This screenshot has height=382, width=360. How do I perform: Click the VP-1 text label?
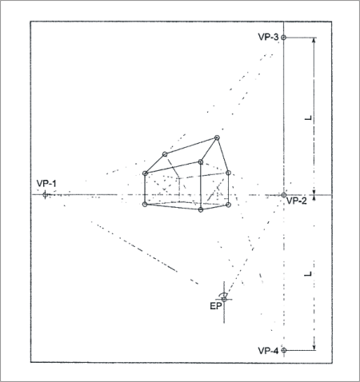click(46, 184)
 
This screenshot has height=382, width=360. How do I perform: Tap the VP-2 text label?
click(297, 201)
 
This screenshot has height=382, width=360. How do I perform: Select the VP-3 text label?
click(268, 37)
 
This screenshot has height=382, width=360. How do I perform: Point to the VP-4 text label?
click(268, 351)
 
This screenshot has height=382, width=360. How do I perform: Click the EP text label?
click(216, 306)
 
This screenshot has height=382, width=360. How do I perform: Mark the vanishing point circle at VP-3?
click(284, 38)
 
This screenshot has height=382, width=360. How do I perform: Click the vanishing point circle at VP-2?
click(284, 195)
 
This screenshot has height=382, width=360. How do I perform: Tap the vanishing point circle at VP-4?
click(284, 350)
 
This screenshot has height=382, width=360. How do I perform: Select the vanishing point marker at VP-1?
click(45, 194)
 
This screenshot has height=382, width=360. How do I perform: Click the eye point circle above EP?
click(224, 300)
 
